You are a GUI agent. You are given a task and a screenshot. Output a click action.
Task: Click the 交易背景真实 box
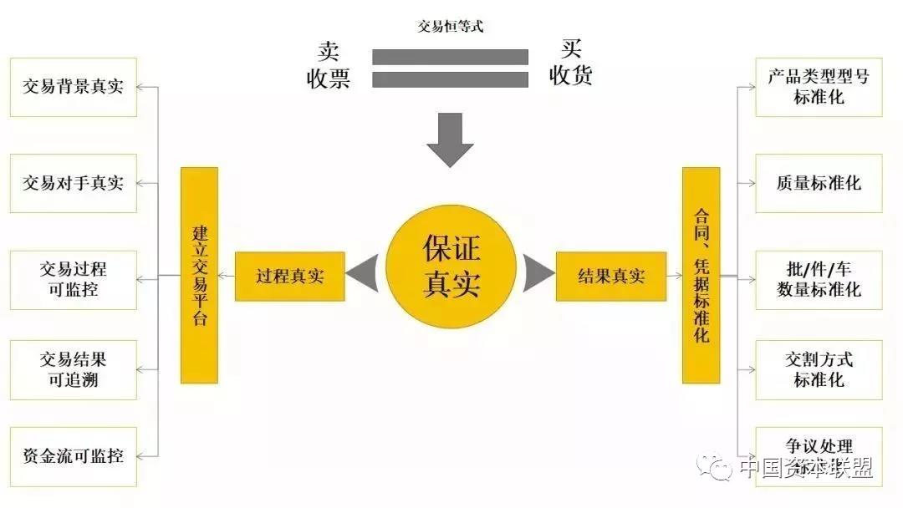73,87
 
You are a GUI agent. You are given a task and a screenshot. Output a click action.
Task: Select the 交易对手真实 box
73,183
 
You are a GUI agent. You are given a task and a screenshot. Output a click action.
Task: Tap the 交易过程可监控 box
73,280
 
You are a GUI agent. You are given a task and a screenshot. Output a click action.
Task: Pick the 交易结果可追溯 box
73,370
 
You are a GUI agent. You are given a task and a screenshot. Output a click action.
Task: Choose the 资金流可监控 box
73,456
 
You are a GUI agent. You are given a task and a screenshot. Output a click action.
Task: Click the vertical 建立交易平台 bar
199,275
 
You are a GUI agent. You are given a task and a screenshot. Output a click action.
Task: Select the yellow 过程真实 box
289,277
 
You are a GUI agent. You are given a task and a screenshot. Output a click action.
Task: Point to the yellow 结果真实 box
611,277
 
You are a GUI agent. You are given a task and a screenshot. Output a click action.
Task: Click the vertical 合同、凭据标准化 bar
701,275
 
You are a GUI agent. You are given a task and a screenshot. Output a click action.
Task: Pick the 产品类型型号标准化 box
819,87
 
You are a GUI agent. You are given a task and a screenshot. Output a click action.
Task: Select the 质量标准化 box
819,183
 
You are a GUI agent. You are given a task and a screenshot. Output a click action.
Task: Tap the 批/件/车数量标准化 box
819,280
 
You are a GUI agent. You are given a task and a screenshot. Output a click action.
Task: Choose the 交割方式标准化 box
819,370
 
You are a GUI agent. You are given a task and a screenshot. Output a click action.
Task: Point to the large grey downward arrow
450,139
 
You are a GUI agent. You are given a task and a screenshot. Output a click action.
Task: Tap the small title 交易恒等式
451,27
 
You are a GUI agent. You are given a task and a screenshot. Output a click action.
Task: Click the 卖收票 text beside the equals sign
328,65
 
